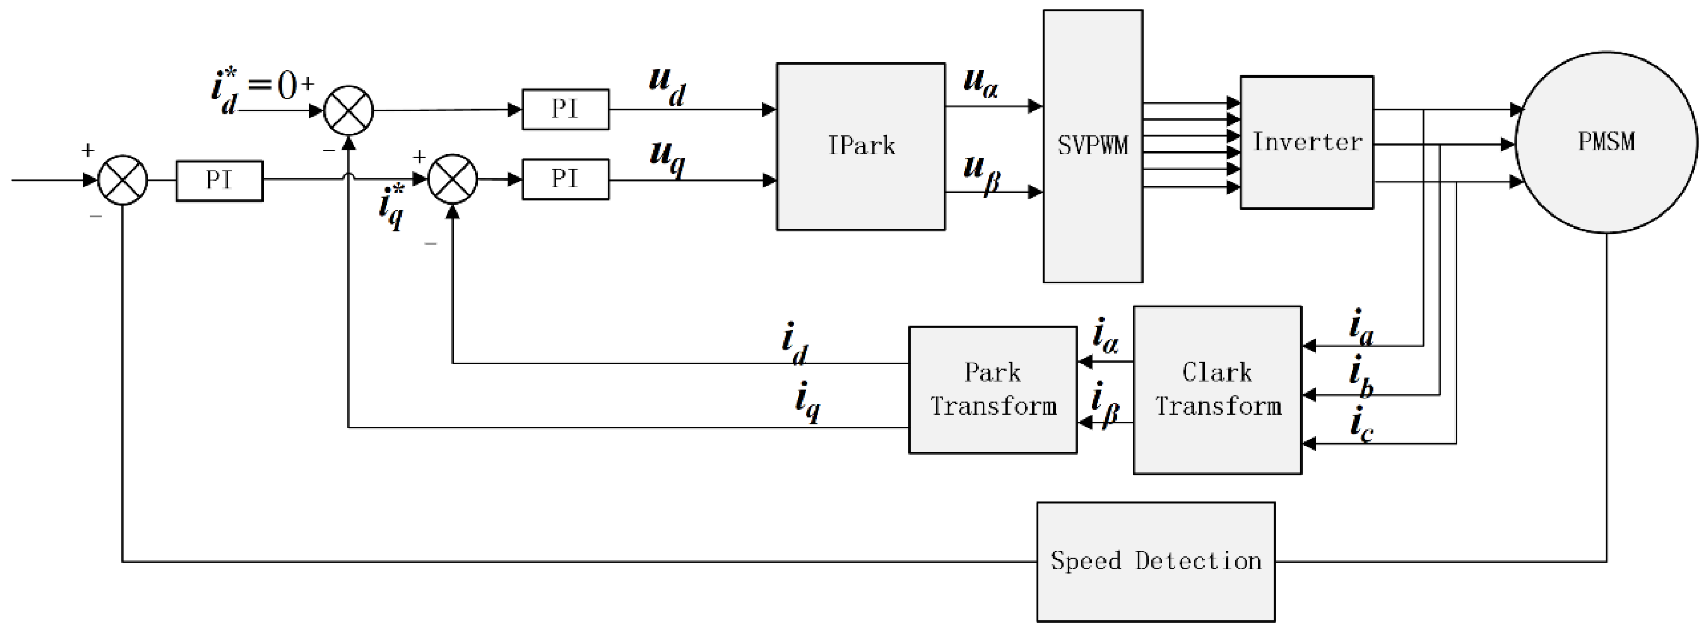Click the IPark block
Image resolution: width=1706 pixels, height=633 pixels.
pyautogui.click(x=860, y=146)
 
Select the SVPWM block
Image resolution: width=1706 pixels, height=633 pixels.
pyautogui.click(x=1092, y=146)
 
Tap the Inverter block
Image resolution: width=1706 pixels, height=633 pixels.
pyautogui.click(x=1306, y=142)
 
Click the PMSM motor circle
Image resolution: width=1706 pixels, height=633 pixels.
pyautogui.click(x=1606, y=142)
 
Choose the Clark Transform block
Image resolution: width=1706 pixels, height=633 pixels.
pyautogui.click(x=1216, y=389)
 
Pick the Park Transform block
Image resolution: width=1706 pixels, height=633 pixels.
pyautogui.click(x=992, y=389)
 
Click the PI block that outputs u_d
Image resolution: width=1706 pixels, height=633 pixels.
pyautogui.click(x=565, y=109)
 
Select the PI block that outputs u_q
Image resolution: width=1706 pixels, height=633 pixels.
pyautogui.click(x=565, y=179)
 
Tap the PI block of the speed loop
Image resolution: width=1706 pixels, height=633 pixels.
pyautogui.click(x=219, y=180)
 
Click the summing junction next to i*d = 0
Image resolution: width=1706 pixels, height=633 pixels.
pyautogui.click(x=348, y=110)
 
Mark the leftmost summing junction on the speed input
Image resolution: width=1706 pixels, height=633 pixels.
pyautogui.click(x=122, y=180)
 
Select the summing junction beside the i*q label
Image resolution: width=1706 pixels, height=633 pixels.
pyautogui.click(x=453, y=179)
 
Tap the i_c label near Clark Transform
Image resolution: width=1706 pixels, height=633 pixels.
pyautogui.click(x=1361, y=427)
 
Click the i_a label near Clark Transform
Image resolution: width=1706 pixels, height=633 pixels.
pyautogui.click(x=1361, y=328)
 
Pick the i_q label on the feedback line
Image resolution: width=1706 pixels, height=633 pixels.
pyautogui.click(x=807, y=402)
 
